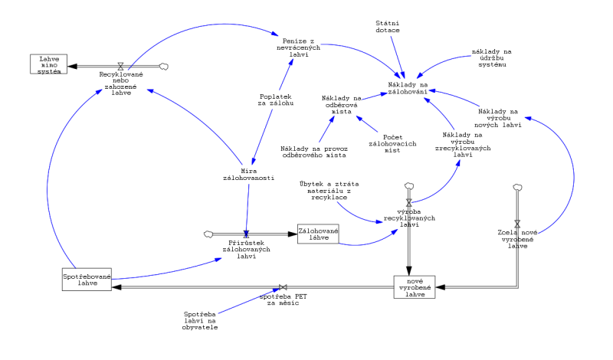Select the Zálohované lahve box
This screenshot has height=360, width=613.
tap(318, 233)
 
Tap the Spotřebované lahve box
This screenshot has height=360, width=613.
tap(87, 279)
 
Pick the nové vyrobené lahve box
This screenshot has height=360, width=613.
tap(415, 286)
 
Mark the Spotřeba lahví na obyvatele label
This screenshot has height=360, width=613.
tap(200, 320)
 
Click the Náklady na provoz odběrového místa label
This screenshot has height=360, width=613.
tap(313, 151)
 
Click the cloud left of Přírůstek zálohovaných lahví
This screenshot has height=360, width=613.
tap(208, 233)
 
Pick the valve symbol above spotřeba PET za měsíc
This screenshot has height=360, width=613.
tap(282, 286)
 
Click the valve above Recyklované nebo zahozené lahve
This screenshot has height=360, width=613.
tap(120, 66)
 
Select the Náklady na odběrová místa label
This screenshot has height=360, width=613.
tap(341, 104)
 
